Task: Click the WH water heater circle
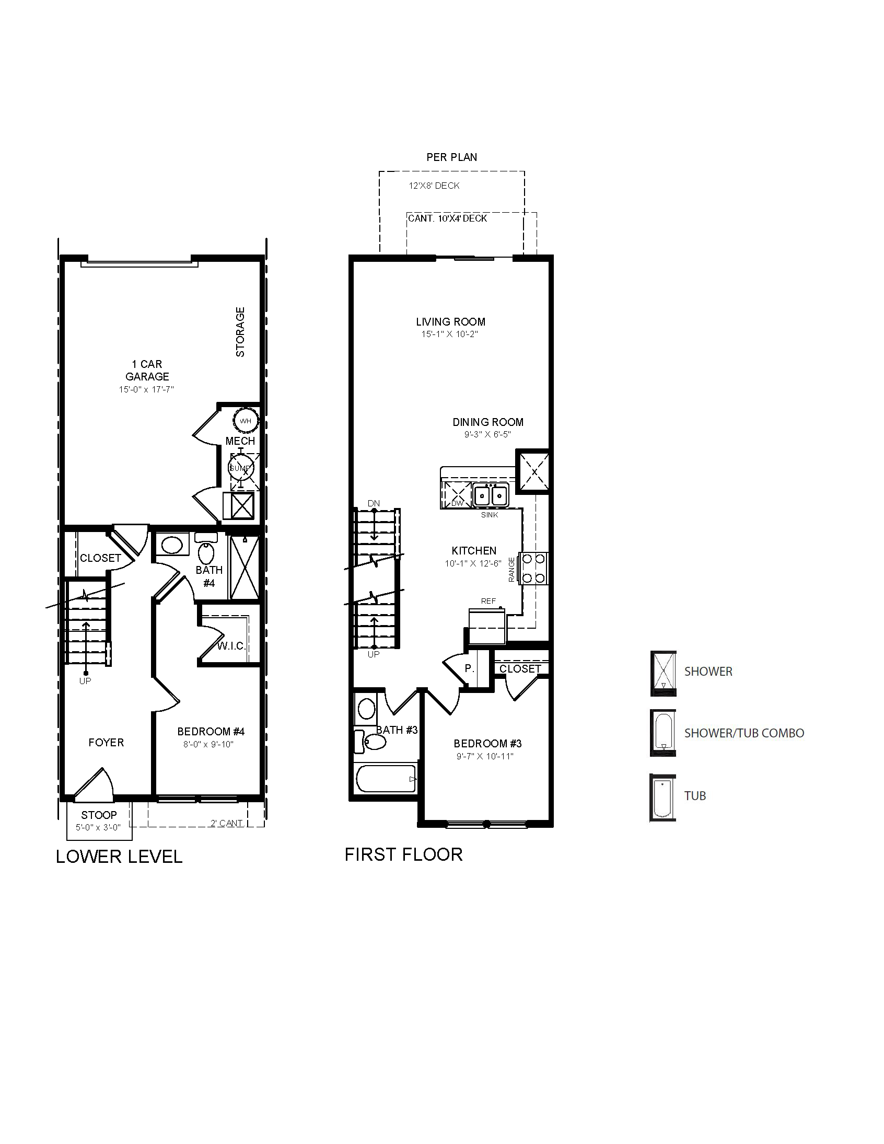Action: point(246,421)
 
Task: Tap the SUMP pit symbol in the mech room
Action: point(241,468)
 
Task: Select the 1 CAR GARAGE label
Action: point(147,370)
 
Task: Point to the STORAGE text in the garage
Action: point(240,332)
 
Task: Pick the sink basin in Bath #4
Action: point(172,545)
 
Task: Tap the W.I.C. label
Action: point(231,646)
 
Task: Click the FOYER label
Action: point(106,742)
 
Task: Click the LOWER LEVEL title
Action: point(119,857)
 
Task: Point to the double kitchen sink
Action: point(491,495)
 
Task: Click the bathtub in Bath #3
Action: point(386,779)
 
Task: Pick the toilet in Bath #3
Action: point(370,741)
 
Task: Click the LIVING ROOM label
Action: point(451,321)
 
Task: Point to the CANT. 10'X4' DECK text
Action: point(448,218)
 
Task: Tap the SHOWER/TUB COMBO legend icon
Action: point(663,733)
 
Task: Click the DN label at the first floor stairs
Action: point(374,503)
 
